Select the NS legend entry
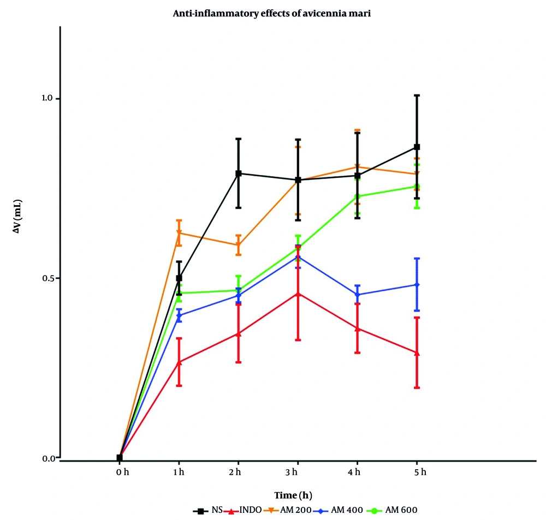click(206, 511)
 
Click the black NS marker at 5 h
click(417, 147)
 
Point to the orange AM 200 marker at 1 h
click(179, 233)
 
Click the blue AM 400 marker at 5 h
click(417, 285)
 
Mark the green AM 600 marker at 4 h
click(357, 196)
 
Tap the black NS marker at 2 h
click(239, 174)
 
